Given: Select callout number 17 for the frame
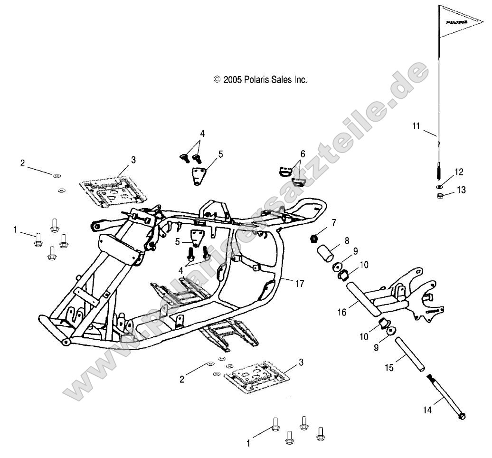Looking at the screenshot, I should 300,284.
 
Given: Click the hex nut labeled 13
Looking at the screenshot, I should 440,195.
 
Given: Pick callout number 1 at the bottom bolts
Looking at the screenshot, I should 247,443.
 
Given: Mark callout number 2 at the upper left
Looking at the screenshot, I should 22,163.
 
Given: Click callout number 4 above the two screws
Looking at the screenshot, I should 202,134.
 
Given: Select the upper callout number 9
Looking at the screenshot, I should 355,250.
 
